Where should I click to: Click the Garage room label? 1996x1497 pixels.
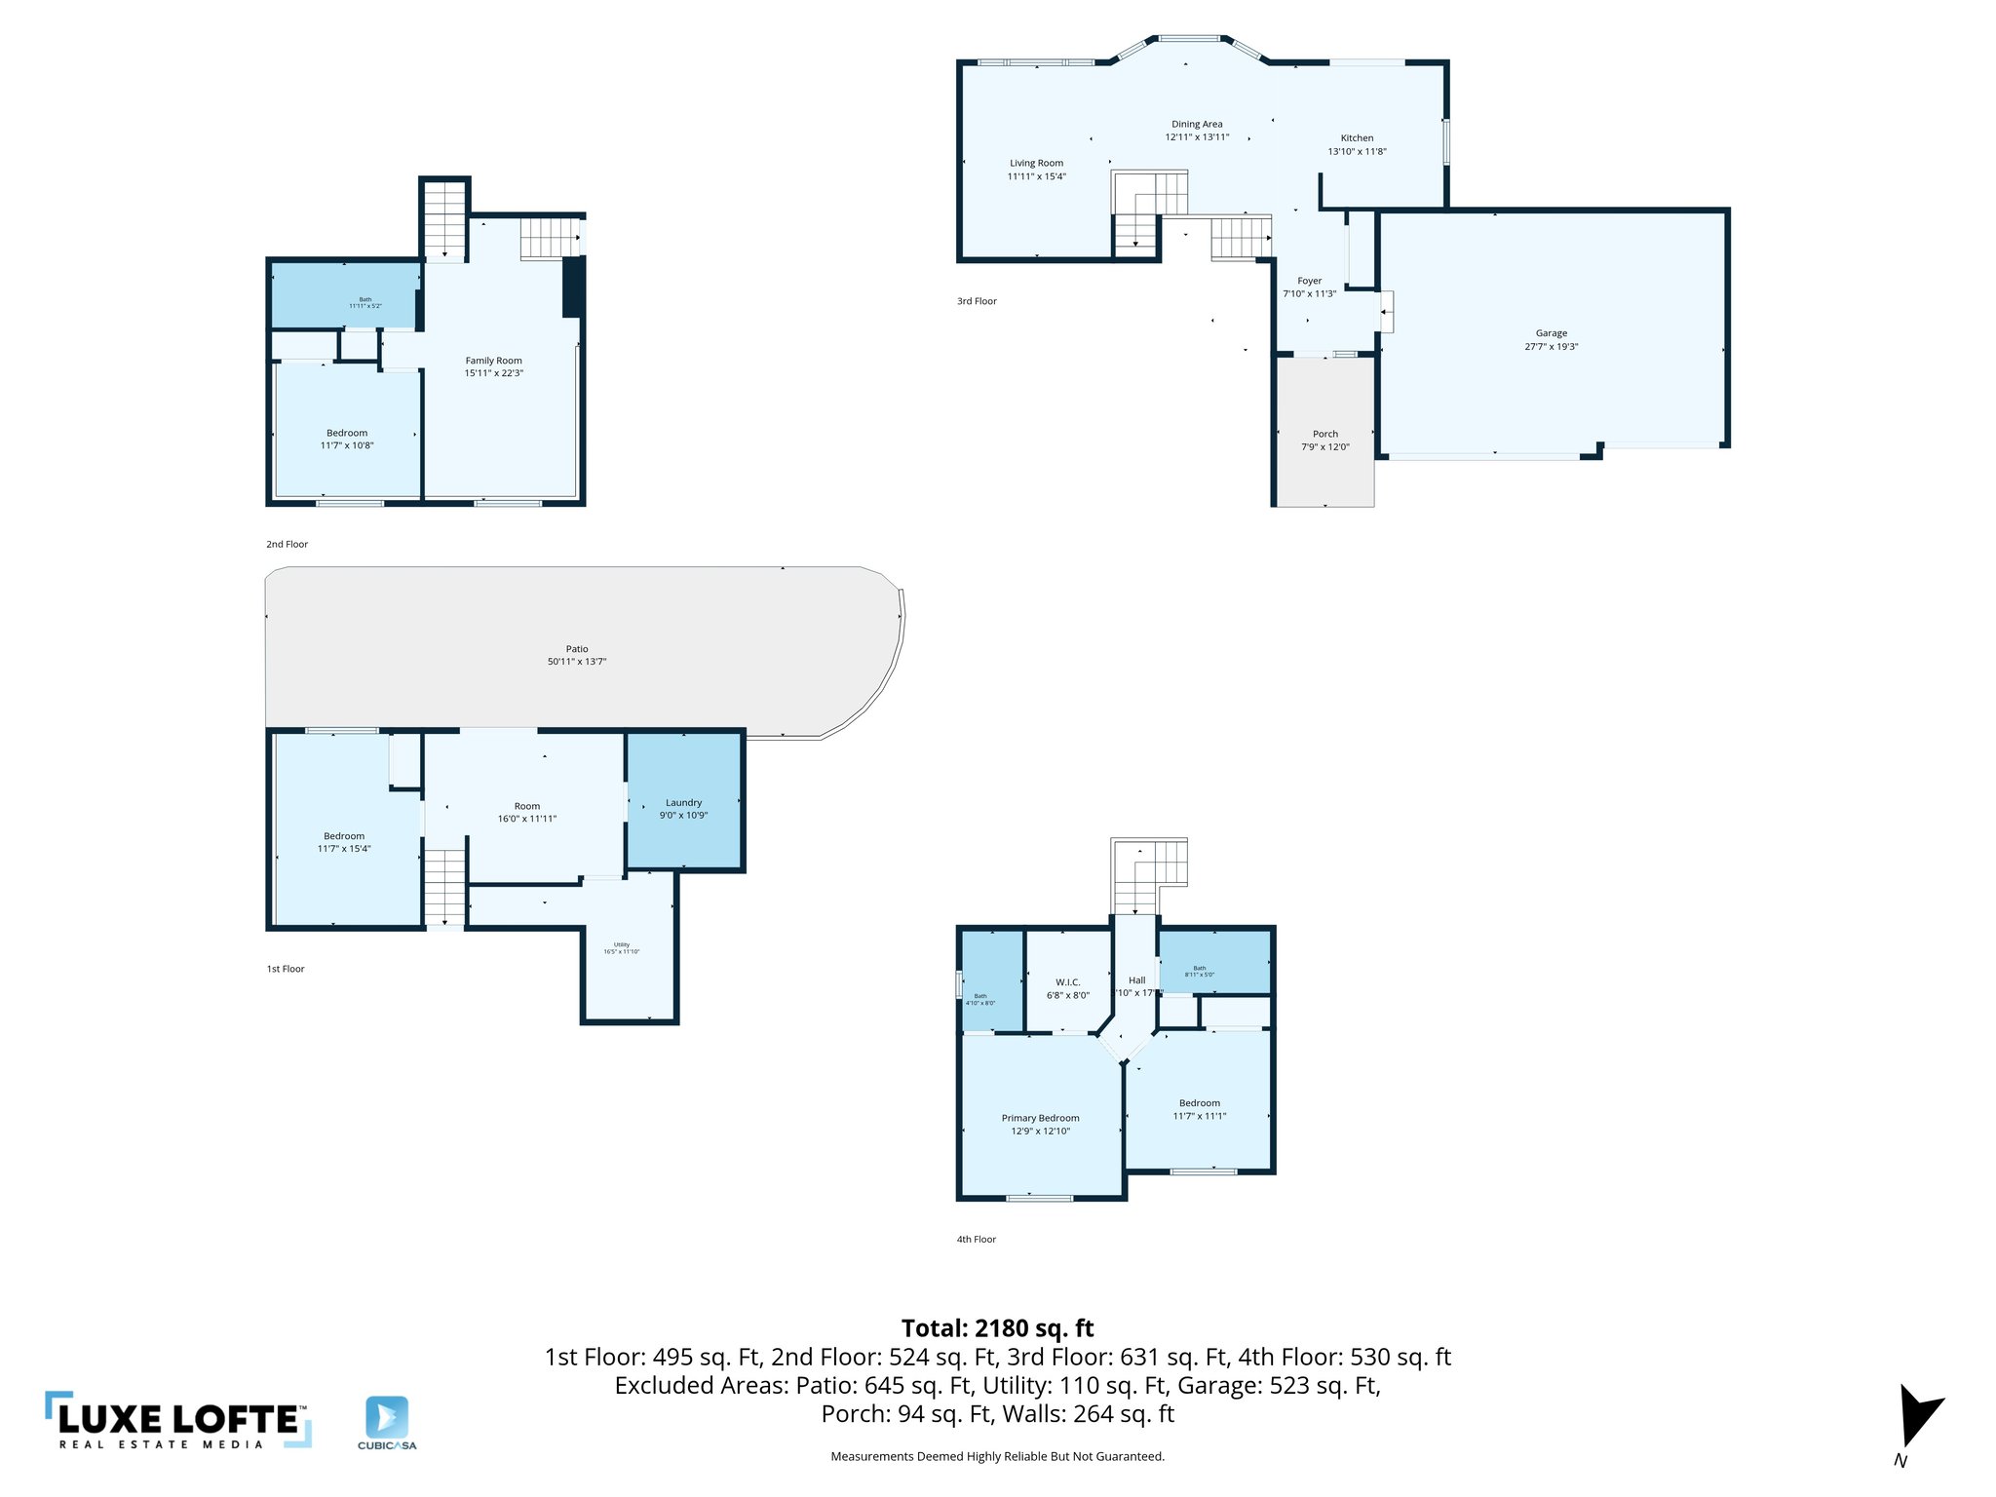tap(1551, 333)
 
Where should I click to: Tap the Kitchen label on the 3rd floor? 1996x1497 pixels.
tap(1357, 138)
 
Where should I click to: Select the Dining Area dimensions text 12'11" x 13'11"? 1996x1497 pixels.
tap(1197, 137)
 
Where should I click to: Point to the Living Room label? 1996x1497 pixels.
tap(1036, 164)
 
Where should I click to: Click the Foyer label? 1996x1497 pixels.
tap(1309, 281)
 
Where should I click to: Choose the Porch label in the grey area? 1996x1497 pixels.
tap(1324, 435)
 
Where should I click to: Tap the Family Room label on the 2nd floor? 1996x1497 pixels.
tap(493, 361)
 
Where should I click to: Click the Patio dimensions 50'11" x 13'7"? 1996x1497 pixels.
tap(576, 662)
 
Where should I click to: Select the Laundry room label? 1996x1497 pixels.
tap(683, 803)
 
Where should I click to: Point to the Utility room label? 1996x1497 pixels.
tap(622, 944)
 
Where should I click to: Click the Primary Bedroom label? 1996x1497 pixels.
tap(1040, 1118)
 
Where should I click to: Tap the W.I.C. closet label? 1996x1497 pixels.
tap(1067, 982)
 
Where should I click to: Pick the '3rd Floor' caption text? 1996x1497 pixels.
tap(977, 301)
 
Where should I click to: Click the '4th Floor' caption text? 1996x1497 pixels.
tap(976, 1240)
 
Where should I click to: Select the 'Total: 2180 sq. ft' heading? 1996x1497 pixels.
tap(997, 1328)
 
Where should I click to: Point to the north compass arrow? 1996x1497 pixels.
tap(1917, 1416)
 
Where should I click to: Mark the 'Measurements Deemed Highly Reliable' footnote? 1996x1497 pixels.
tap(997, 1457)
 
